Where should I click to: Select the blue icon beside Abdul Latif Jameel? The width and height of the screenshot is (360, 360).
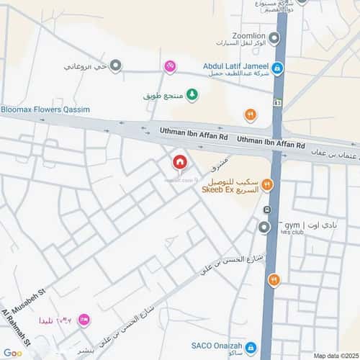click(x=277, y=68)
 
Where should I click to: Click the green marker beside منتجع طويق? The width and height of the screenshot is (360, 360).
click(x=192, y=94)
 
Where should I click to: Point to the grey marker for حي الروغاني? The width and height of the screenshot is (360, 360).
click(x=115, y=66)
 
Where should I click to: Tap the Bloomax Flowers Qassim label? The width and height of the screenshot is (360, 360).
click(x=45, y=109)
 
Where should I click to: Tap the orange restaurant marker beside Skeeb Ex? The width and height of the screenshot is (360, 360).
click(x=267, y=185)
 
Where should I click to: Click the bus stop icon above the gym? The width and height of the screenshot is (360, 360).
click(x=267, y=211)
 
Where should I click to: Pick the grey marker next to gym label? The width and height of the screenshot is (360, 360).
click(x=264, y=227)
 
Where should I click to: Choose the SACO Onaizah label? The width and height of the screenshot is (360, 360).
click(x=215, y=346)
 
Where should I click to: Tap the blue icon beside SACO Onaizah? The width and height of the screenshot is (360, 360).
click(x=250, y=348)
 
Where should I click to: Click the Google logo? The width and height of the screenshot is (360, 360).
click(x=12, y=353)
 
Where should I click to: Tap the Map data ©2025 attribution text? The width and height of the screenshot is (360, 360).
click(x=335, y=356)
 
